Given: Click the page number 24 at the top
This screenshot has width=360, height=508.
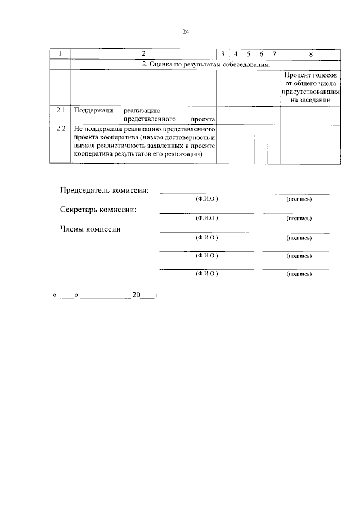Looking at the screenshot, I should coord(186,32).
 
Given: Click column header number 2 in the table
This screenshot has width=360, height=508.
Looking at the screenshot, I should coord(144,54).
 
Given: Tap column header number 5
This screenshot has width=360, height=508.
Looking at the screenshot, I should coord(248,54).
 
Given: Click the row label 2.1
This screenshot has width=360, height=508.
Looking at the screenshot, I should coord(60,110).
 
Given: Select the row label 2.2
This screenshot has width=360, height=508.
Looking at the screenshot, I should coord(60,129).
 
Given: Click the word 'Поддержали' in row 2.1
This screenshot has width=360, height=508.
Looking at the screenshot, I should coord(92,110).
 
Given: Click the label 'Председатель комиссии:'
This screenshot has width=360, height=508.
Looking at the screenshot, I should coord(105,190).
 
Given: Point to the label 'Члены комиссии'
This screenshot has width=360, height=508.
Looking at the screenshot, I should coord(90,228).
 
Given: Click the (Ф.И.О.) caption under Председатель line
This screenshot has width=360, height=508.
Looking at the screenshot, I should coord(206,199).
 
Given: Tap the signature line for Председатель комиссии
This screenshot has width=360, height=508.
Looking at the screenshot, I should coord(296,194).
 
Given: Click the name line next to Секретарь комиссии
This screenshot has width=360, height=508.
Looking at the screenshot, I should coord(206,213).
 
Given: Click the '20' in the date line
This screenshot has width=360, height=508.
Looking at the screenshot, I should coord(136,294).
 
